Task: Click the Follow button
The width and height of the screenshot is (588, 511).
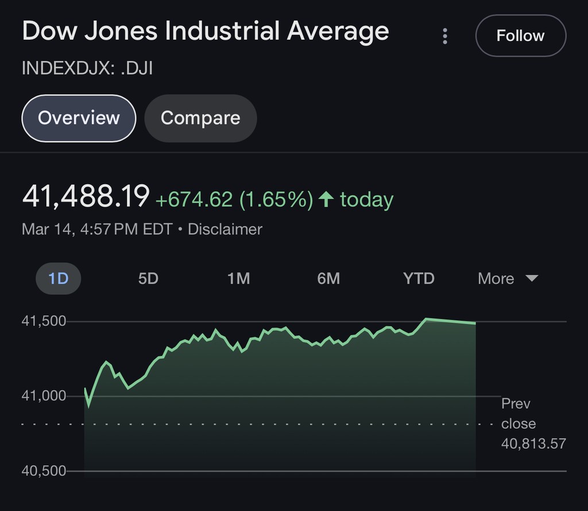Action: [520, 36]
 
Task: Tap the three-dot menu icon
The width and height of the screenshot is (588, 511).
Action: [445, 36]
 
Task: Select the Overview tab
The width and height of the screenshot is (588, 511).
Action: [79, 118]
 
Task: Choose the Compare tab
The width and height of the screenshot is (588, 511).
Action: [200, 118]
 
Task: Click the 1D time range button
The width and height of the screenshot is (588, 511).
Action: [59, 279]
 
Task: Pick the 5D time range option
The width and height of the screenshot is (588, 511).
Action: [148, 279]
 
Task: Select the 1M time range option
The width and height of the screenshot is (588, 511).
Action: [238, 279]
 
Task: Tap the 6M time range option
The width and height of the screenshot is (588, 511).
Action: [328, 279]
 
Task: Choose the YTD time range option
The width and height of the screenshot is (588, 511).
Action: [419, 279]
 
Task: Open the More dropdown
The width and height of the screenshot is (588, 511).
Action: [508, 279]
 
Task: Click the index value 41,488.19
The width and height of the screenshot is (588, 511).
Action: [86, 197]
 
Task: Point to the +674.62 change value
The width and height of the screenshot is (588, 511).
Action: [194, 200]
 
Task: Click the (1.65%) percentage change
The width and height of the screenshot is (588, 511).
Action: [276, 200]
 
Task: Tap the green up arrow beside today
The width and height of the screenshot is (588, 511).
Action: [326, 200]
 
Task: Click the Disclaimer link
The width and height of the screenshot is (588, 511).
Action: [225, 229]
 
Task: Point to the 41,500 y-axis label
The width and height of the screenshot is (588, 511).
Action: [44, 321]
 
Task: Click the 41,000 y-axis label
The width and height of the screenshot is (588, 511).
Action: [44, 396]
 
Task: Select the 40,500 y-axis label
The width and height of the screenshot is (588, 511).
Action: [44, 471]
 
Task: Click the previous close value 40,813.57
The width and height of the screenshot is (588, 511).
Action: [533, 443]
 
